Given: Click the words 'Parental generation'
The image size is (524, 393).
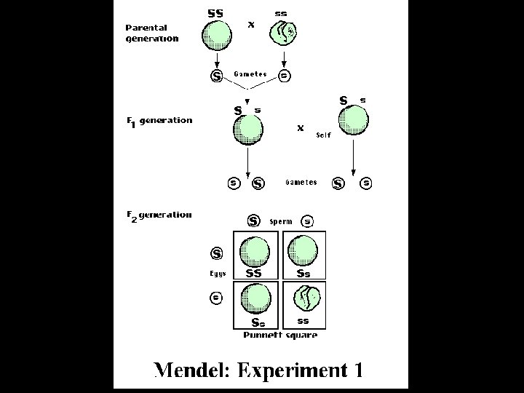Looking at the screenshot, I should tap(151, 33).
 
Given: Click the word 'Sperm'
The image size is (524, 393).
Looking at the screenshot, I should tap(280, 221).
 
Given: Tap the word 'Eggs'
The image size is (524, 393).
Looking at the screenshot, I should tap(218, 274).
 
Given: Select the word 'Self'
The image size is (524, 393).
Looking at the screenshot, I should tap(323, 135).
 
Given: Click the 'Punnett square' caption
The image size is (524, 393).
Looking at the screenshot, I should tap(280, 335).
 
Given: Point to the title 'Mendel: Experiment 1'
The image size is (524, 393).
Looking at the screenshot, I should tap(258, 370).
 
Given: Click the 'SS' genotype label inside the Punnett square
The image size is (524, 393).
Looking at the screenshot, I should tap(253, 274).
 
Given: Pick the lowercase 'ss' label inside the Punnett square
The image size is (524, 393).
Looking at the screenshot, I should tap(303, 320).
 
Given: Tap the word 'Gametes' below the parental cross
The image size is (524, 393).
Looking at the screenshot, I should tap(250, 74).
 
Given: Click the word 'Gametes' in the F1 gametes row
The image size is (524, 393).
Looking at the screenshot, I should tap(301, 183).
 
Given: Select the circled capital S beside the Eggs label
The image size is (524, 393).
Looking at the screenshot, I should tap(216, 254).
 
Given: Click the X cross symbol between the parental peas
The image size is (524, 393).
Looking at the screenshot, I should tap(252, 24).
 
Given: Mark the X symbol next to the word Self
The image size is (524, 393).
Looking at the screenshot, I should tap(300, 128).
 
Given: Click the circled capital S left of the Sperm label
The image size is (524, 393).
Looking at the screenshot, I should tap(253, 221).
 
